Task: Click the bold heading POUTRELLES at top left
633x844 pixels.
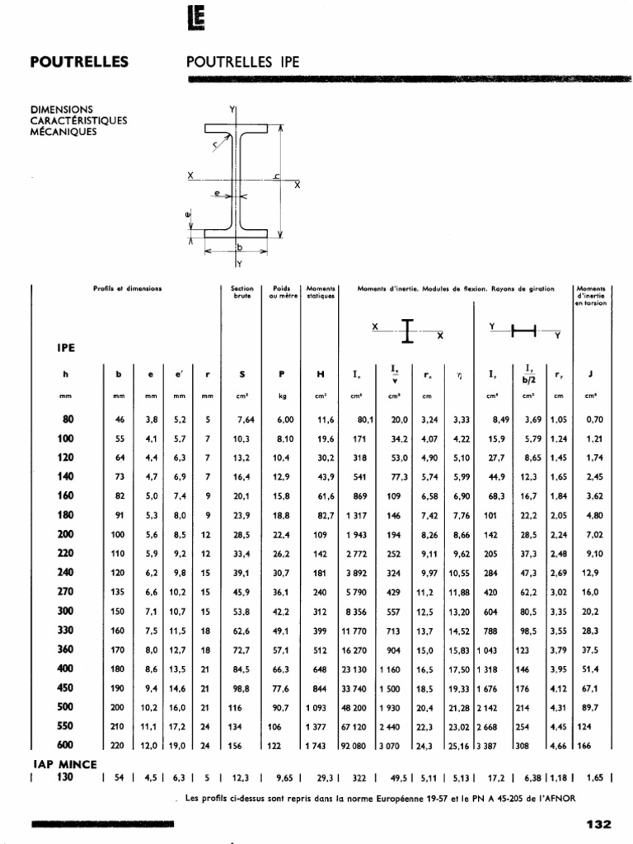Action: pyautogui.click(x=79, y=62)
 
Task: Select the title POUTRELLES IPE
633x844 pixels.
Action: pyautogui.click(x=244, y=62)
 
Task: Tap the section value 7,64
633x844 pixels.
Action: pyautogui.click(x=245, y=420)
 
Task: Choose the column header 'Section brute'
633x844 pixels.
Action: pyautogui.click(x=241, y=292)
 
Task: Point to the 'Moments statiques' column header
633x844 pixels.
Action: pyautogui.click(x=320, y=292)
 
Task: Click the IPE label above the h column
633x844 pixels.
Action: pyautogui.click(x=67, y=347)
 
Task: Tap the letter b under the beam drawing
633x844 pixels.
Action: pyautogui.click(x=238, y=246)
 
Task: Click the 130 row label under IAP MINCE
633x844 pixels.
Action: pyautogui.click(x=66, y=776)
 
